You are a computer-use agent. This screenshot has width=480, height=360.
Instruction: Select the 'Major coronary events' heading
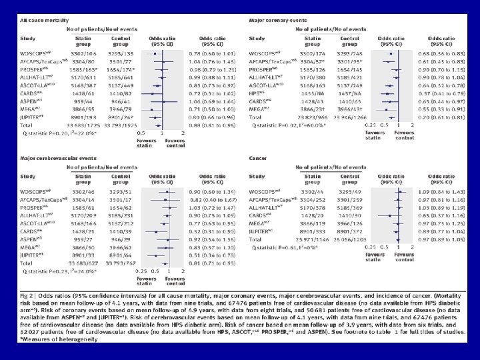(x=278, y=21)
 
